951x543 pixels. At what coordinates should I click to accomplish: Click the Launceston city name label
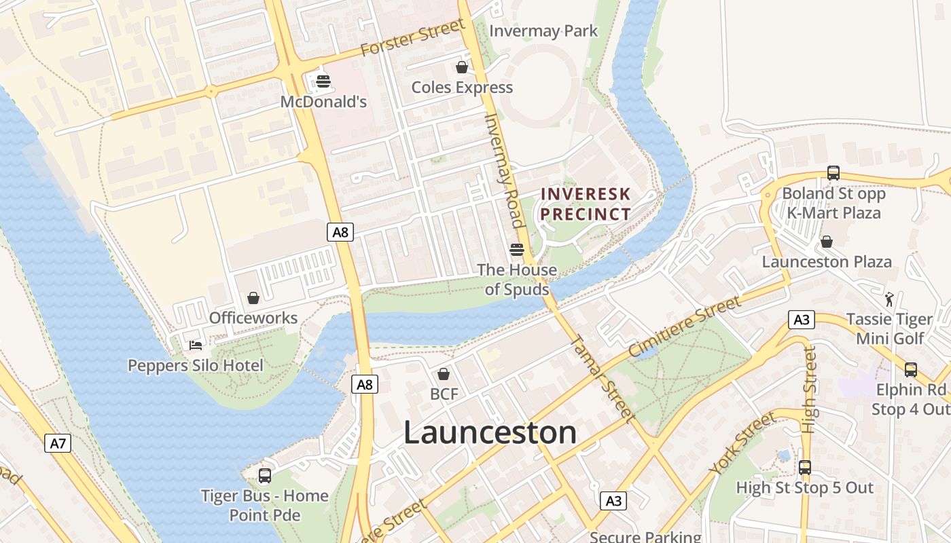(x=490, y=432)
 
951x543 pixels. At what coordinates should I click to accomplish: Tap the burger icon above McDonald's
(x=323, y=82)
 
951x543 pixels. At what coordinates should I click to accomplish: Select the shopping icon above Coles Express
(x=462, y=67)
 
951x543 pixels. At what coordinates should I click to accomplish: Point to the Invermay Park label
(x=543, y=31)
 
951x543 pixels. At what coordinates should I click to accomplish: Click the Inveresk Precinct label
(x=586, y=204)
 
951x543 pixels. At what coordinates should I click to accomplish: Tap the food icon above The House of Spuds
(x=516, y=250)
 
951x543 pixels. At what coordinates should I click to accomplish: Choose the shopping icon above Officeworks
(x=253, y=298)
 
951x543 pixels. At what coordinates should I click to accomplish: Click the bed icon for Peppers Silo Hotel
(x=196, y=345)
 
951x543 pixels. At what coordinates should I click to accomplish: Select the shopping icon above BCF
(x=444, y=374)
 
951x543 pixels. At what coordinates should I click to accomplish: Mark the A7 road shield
(x=58, y=444)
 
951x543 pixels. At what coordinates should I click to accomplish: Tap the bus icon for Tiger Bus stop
(x=265, y=476)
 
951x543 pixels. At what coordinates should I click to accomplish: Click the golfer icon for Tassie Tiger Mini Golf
(x=889, y=299)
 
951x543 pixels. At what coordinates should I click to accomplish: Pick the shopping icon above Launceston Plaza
(x=827, y=242)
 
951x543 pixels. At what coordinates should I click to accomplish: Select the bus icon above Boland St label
(x=833, y=173)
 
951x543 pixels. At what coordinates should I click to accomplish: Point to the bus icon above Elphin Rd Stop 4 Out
(x=911, y=370)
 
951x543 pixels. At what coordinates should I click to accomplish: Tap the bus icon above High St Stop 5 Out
(x=805, y=468)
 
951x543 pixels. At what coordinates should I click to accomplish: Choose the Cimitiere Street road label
(x=684, y=326)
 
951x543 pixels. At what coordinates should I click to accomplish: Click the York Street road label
(x=742, y=443)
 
